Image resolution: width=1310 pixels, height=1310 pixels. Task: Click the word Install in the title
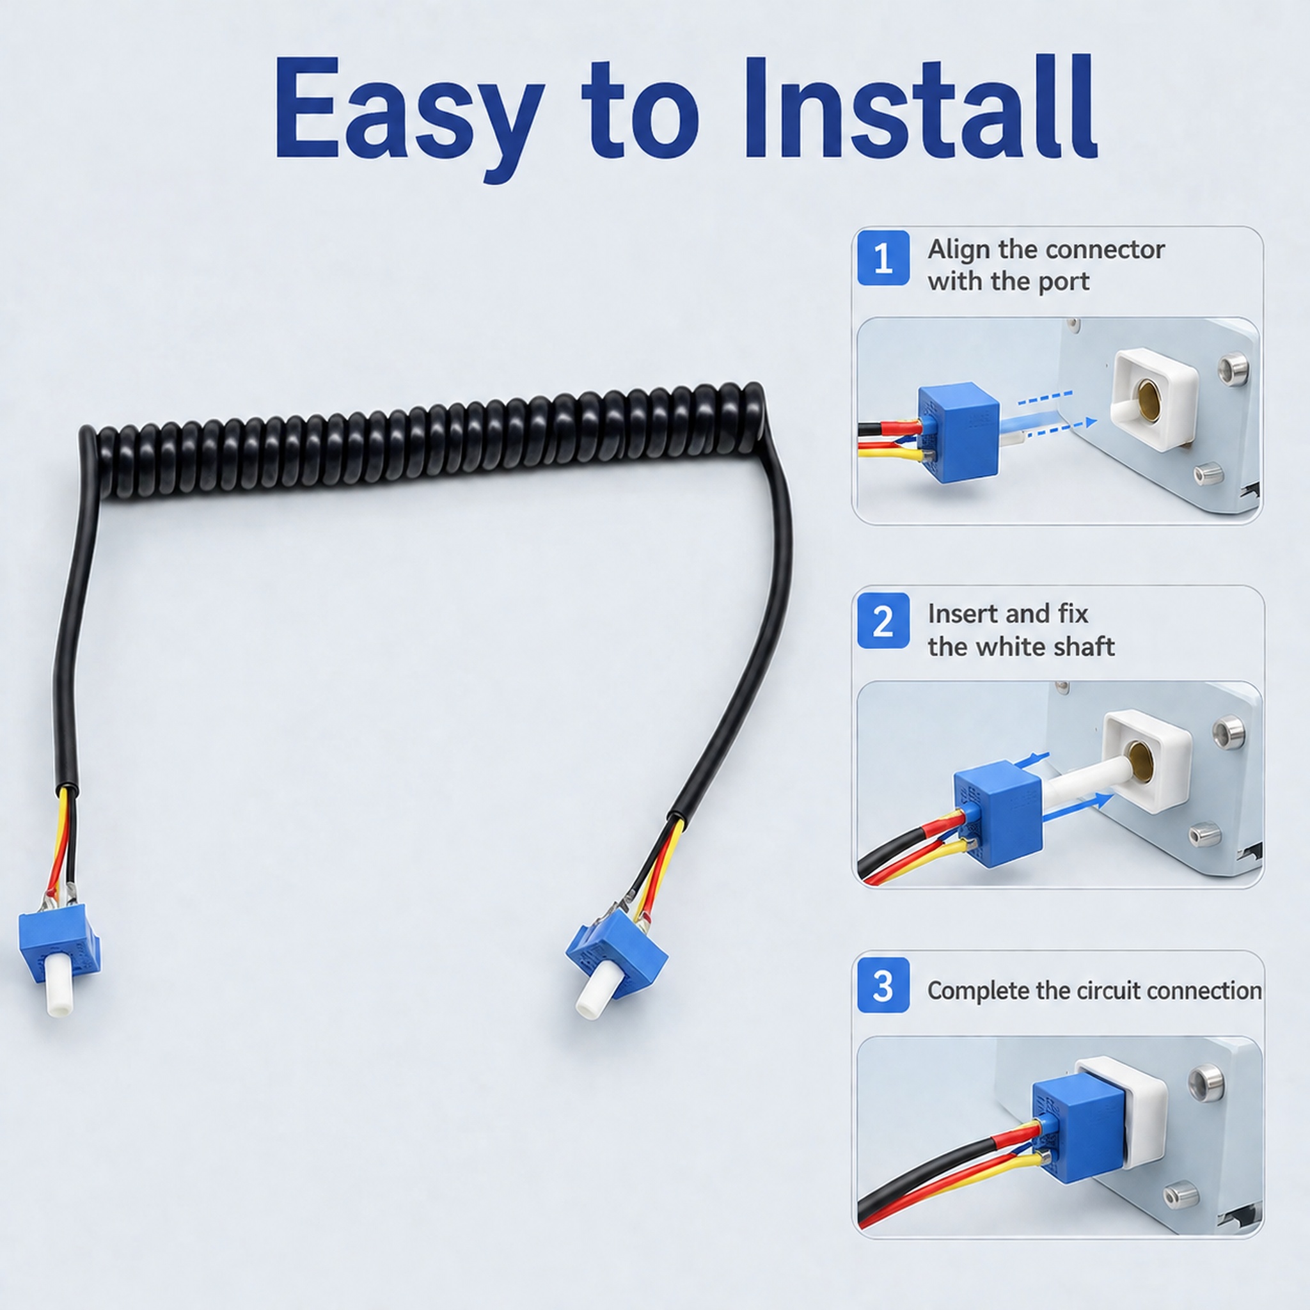tap(919, 109)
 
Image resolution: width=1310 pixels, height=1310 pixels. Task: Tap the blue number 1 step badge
tap(883, 258)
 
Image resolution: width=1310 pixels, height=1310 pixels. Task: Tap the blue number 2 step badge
tap(883, 620)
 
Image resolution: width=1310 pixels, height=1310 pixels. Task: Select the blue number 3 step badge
tap(883, 984)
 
